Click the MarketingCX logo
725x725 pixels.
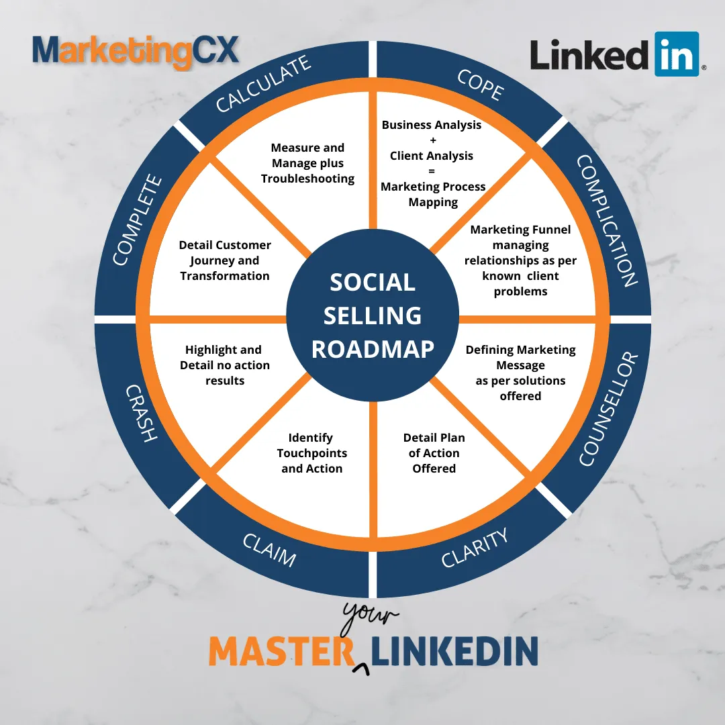click(x=136, y=52)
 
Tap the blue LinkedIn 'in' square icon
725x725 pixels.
click(x=677, y=54)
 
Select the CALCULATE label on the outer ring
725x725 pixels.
click(x=263, y=84)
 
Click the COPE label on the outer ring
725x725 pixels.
click(x=481, y=85)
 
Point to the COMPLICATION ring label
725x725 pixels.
click(x=607, y=221)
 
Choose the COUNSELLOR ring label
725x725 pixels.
click(x=608, y=409)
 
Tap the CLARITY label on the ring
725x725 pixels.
click(x=475, y=548)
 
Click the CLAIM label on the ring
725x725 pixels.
click(x=270, y=550)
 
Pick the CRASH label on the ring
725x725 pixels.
click(x=142, y=413)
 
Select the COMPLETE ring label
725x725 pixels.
click(x=138, y=220)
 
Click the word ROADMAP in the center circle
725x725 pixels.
click(x=373, y=349)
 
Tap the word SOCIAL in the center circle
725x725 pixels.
click(x=373, y=282)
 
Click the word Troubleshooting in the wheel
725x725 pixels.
click(x=307, y=179)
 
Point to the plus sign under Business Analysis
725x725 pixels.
click(x=433, y=140)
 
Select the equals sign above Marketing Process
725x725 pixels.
click(x=432, y=171)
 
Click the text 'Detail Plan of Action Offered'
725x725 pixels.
click(x=434, y=453)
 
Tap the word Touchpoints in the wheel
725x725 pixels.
click(x=312, y=453)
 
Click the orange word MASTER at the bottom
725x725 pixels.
click(x=281, y=651)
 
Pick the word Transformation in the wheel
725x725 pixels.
click(x=225, y=276)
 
